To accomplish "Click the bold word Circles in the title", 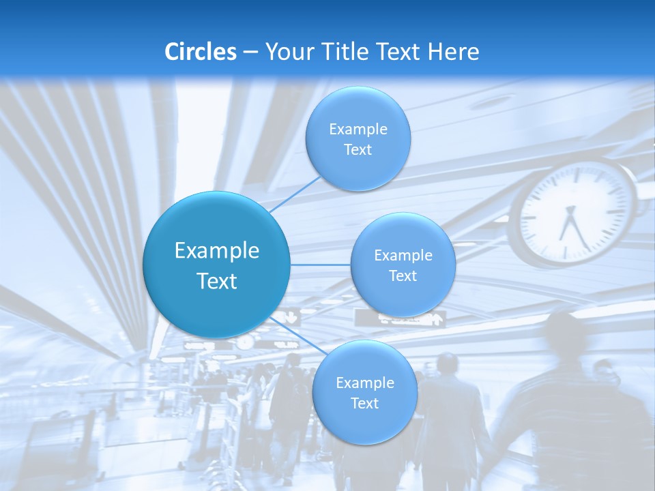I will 201,52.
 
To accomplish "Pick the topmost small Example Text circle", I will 358,138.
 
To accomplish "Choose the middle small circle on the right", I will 403,265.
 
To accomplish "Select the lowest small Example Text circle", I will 364,393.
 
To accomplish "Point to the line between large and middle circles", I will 321,265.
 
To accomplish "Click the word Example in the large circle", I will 217,250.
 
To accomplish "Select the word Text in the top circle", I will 358,150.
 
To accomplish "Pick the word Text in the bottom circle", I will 364,404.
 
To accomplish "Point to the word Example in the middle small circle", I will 403,255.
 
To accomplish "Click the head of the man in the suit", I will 448,363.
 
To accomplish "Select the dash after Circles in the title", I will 250,52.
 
